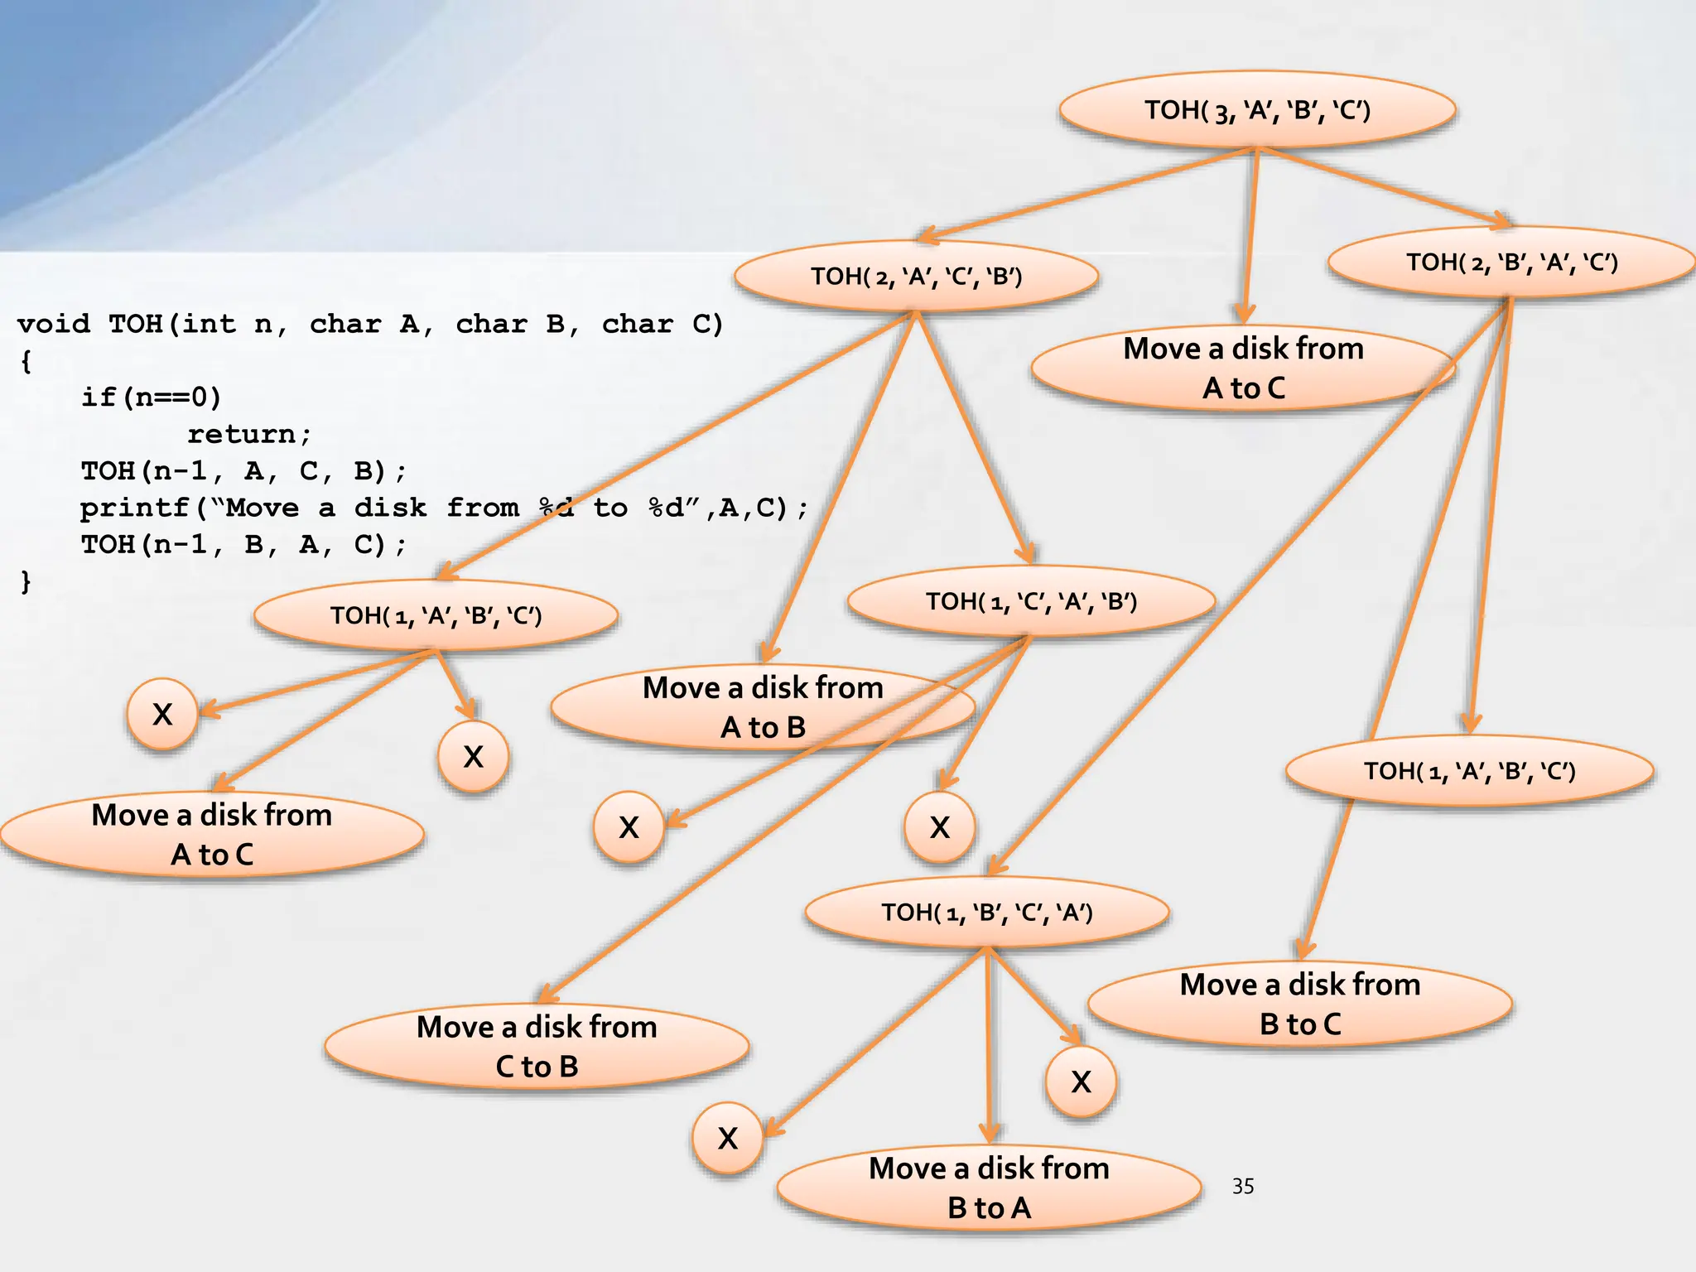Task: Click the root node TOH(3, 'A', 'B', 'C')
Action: (x=1257, y=110)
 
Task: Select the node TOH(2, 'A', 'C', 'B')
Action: (x=916, y=276)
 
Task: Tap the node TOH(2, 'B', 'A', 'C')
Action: (x=1511, y=263)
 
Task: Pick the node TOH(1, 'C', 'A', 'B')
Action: (x=1031, y=601)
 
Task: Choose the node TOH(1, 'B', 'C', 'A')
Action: (x=987, y=913)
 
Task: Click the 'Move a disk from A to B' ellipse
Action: (x=763, y=707)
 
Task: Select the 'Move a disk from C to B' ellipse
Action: (x=537, y=1047)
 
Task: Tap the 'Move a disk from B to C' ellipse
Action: (x=1300, y=1005)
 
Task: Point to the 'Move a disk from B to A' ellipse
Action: (x=989, y=1188)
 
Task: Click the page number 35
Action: (x=1242, y=1187)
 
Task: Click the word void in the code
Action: (x=53, y=323)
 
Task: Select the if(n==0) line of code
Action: (x=151, y=397)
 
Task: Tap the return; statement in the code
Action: (x=248, y=434)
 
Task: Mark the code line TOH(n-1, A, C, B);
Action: (x=243, y=471)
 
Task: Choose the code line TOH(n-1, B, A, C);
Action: (x=243, y=545)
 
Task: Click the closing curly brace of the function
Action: (x=26, y=581)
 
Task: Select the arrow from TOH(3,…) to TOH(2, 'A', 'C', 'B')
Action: (x=1085, y=195)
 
